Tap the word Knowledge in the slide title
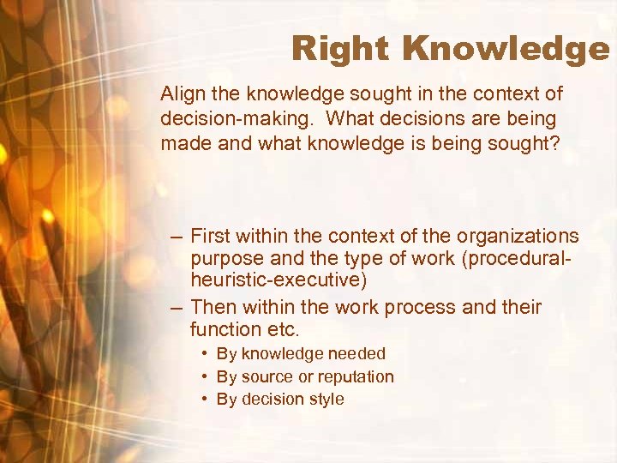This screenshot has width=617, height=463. click(x=506, y=49)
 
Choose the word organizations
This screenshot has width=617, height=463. click(x=518, y=236)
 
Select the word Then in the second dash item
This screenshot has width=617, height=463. click(x=214, y=306)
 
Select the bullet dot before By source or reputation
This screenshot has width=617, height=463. click(x=207, y=376)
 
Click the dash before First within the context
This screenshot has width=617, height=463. click(x=176, y=236)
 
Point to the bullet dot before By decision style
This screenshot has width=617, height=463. click(x=207, y=399)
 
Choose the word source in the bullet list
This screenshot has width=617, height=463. click(x=265, y=376)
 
